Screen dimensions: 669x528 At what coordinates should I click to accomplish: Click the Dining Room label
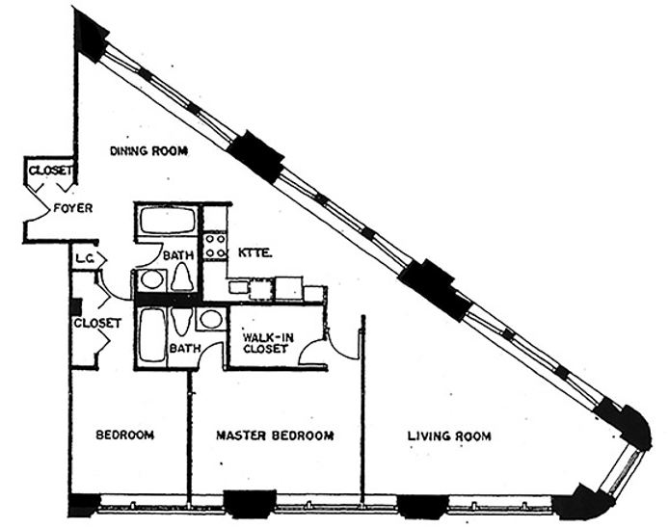click(148, 151)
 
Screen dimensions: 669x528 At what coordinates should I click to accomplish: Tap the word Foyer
click(73, 208)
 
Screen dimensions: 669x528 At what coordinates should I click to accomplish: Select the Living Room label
click(449, 436)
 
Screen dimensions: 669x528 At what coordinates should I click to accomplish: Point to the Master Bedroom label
click(275, 436)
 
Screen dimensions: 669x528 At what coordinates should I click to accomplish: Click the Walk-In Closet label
click(268, 343)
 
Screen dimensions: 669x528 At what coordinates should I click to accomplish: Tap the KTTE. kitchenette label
click(255, 252)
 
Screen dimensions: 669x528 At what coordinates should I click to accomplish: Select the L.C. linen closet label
click(85, 258)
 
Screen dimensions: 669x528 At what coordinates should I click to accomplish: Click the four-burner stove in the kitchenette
click(215, 246)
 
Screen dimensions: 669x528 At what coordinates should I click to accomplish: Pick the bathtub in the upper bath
click(168, 220)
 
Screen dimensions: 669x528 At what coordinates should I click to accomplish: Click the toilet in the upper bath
click(182, 277)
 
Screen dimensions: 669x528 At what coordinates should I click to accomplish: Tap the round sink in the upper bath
click(152, 279)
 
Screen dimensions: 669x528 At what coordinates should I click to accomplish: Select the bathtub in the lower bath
click(151, 335)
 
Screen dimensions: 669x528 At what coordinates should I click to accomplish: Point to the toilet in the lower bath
click(182, 321)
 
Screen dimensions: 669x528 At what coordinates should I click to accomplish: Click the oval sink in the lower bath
click(211, 319)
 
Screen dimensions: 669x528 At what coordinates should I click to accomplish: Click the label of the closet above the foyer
click(50, 171)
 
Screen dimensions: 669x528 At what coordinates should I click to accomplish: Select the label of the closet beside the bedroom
click(97, 323)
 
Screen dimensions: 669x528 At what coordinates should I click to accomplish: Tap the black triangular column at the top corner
click(90, 34)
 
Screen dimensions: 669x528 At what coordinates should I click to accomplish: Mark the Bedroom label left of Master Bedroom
click(124, 436)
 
